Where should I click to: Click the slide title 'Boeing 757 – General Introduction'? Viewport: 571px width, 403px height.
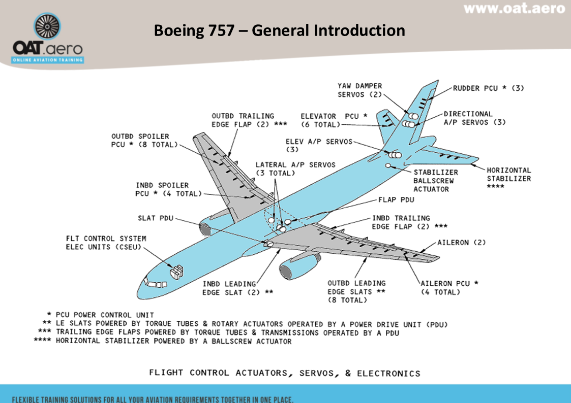(x=280, y=30)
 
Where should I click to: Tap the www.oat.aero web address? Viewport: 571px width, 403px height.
(x=514, y=9)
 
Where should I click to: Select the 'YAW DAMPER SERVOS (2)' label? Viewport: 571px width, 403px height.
(x=359, y=90)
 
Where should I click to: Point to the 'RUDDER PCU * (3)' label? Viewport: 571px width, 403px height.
(x=488, y=88)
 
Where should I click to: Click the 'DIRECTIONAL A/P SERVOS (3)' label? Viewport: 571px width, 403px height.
(x=474, y=118)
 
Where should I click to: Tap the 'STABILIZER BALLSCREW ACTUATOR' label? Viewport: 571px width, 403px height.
(x=435, y=181)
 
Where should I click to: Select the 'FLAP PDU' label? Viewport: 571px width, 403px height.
(x=396, y=200)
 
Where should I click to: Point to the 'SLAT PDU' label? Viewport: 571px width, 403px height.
(x=156, y=218)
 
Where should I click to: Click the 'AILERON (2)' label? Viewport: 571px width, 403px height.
(x=461, y=243)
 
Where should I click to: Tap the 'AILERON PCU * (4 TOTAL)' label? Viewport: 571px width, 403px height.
(x=449, y=287)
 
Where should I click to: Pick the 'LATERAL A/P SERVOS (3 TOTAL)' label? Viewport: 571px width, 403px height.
(x=295, y=169)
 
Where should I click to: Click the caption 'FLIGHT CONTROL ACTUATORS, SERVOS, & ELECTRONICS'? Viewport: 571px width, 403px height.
(x=284, y=373)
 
